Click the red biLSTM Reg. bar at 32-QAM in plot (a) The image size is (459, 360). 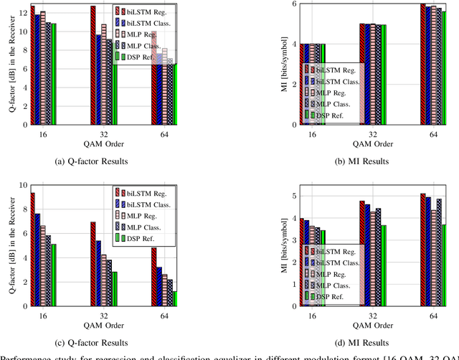pos(93,65)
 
